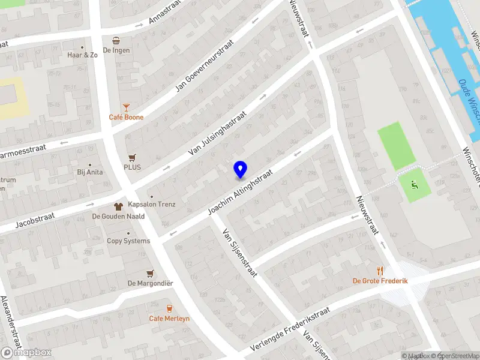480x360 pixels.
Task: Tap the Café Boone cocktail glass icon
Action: (x=126, y=107)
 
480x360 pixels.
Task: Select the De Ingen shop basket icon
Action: (x=116, y=40)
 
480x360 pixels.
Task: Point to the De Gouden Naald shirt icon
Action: (x=118, y=206)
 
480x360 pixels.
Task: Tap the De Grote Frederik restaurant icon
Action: (x=380, y=271)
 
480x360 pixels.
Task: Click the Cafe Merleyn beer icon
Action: (x=169, y=308)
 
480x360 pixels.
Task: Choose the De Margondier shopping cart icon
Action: (x=150, y=273)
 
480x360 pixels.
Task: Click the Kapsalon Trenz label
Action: (x=152, y=204)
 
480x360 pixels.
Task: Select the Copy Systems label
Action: (x=128, y=241)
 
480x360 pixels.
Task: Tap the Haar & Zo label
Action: (x=83, y=55)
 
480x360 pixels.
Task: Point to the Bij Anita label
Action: (x=90, y=172)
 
